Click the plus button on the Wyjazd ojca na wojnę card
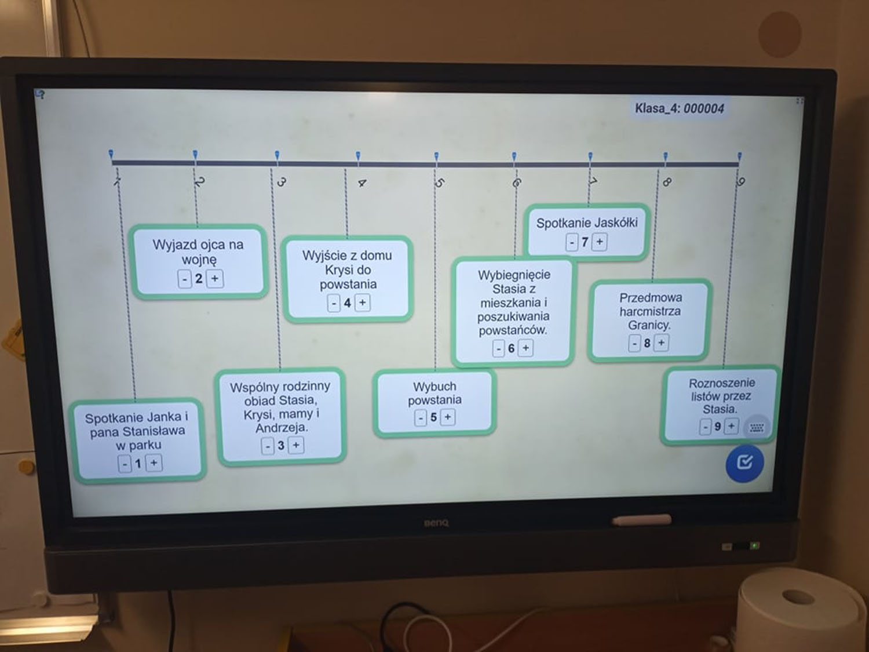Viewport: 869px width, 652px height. pos(215,279)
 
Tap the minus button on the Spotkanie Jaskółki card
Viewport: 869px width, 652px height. pos(572,242)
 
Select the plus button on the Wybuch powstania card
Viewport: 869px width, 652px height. pos(448,417)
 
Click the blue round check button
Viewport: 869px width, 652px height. pos(744,462)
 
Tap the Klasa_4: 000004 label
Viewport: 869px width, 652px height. pos(679,108)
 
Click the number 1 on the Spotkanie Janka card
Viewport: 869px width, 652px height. pos(138,464)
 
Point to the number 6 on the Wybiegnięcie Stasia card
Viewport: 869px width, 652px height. pos(511,348)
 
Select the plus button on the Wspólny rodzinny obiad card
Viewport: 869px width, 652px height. pos(296,445)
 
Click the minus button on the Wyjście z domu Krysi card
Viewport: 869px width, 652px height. pos(334,303)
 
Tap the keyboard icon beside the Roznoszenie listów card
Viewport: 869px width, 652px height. pos(757,428)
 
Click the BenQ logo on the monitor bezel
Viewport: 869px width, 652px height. pos(436,523)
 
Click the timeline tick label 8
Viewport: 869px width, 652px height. pos(667,182)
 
